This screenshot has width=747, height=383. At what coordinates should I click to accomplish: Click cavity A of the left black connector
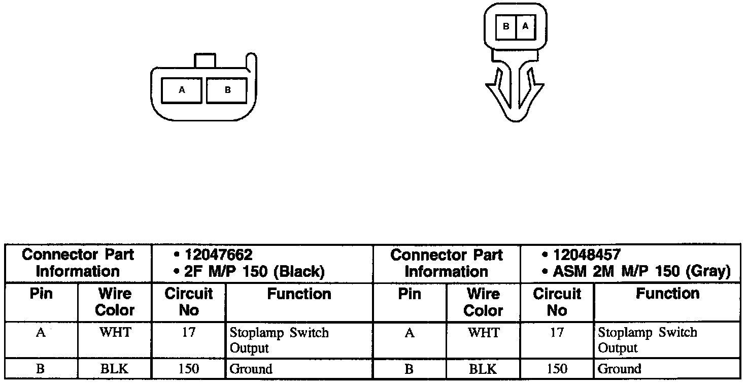tap(182, 91)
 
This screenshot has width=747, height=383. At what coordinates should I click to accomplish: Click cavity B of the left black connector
tap(227, 91)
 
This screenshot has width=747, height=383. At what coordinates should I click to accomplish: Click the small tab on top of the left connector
tap(205, 60)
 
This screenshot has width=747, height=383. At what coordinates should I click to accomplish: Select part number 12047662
tap(218, 254)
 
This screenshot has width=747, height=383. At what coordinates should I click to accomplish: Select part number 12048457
tap(587, 254)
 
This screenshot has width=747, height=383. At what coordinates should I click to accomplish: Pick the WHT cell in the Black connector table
tap(115, 333)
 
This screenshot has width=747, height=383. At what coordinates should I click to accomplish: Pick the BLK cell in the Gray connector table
tap(483, 369)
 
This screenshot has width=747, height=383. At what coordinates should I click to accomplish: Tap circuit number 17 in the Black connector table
tap(188, 333)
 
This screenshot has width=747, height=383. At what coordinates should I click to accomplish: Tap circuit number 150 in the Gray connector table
tap(557, 369)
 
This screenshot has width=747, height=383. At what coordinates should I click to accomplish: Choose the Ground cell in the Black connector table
tap(251, 369)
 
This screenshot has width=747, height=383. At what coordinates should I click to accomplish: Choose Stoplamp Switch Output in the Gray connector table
tap(648, 340)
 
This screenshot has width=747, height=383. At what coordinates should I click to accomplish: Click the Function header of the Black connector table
tap(299, 294)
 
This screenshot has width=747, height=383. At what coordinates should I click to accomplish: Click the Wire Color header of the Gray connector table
tap(483, 302)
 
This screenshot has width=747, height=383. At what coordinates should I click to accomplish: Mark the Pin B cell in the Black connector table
tap(41, 369)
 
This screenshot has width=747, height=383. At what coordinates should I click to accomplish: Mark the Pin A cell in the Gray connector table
tap(409, 333)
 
